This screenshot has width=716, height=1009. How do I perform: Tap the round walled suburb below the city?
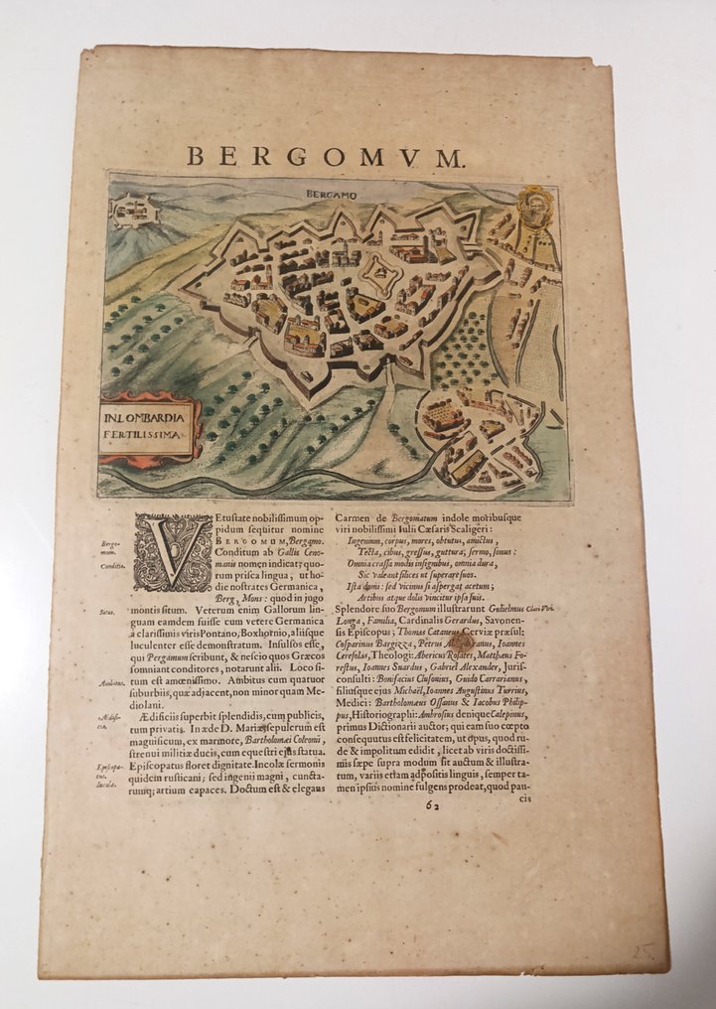[x=480, y=438]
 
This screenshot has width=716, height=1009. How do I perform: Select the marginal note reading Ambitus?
[x=111, y=682]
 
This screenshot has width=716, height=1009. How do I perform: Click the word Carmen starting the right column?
[x=358, y=517]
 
